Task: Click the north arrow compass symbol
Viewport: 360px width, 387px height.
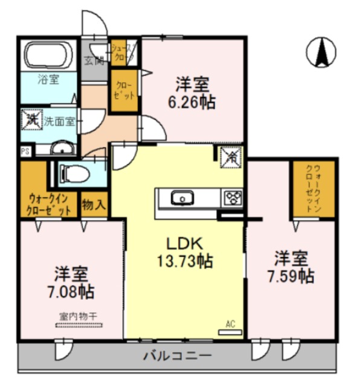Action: pyautogui.click(x=321, y=52)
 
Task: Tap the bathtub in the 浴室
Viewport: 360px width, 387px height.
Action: pyautogui.click(x=50, y=56)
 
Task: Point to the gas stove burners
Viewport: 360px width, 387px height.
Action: pyautogui.click(x=232, y=197)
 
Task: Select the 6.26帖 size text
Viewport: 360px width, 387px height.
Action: pyautogui.click(x=192, y=101)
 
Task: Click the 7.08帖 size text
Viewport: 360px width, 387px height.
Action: pyautogui.click(x=71, y=291)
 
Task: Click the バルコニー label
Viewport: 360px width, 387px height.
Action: pyautogui.click(x=177, y=355)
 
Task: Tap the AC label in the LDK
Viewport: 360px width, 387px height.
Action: pyautogui.click(x=230, y=324)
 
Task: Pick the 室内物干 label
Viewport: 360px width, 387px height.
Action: pyautogui.click(x=80, y=315)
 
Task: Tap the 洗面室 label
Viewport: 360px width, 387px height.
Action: pyautogui.click(x=59, y=120)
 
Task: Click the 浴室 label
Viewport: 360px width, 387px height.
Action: pyautogui.click(x=49, y=79)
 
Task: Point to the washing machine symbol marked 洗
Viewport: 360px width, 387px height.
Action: pyautogui.click(x=30, y=118)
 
